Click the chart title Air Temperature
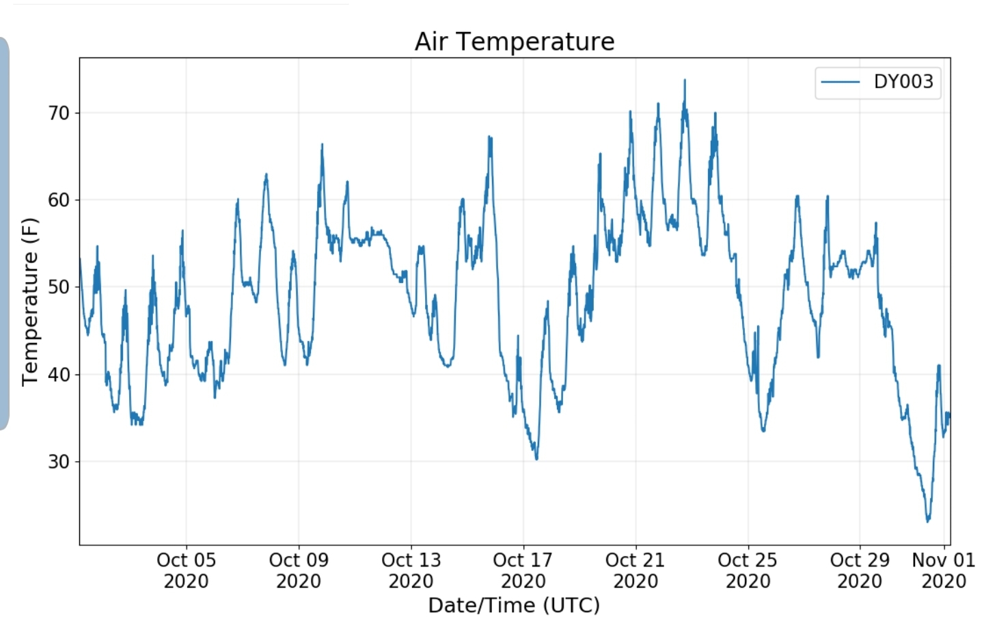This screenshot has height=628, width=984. coord(514,42)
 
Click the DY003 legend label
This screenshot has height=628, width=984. coord(903,82)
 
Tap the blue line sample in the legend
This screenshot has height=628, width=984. coord(840,82)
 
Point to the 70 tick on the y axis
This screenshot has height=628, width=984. coord(59,113)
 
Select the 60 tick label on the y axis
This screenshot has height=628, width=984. coord(59,200)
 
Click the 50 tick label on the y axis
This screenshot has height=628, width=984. coord(59,287)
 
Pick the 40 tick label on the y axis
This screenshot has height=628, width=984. coord(59,374)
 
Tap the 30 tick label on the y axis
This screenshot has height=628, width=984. coord(59,462)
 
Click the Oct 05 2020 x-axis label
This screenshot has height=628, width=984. coord(186,571)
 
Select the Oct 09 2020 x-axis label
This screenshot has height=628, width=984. coord(299,571)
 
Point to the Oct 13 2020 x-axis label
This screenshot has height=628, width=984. coord(411,571)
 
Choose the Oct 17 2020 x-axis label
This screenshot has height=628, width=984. coord(523,571)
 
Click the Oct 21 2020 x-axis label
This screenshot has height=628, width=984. coord(635,571)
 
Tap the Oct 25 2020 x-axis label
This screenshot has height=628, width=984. coord(748,571)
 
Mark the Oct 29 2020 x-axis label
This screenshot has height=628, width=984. coord(860,571)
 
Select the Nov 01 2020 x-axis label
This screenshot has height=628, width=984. coord(943,571)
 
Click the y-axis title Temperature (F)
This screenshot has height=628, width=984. coord(29,301)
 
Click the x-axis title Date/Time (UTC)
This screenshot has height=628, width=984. coord(514,605)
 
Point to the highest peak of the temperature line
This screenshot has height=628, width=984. coord(685,81)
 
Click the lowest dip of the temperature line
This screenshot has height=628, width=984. coord(928,521)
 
